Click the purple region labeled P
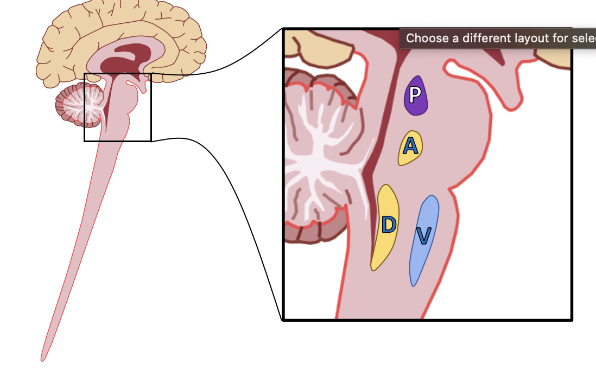(416, 100)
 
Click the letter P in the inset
(415, 95)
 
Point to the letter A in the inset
(410, 145)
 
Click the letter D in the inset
(389, 224)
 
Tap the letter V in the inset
(423, 235)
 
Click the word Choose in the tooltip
(427, 39)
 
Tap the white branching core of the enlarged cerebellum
(320, 163)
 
